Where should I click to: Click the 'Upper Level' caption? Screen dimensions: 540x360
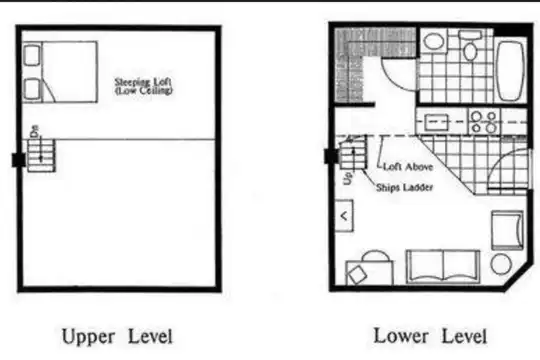(x=117, y=337)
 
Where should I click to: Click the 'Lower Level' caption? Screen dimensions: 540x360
(x=430, y=336)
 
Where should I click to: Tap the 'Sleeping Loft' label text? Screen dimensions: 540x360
(x=143, y=82)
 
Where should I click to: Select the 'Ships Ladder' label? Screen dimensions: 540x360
(x=404, y=188)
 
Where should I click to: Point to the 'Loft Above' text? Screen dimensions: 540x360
(x=408, y=167)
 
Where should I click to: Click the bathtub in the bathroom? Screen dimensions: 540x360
(x=510, y=71)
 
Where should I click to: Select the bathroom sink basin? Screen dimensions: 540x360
(x=433, y=42)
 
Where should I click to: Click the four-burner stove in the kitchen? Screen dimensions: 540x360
(x=484, y=122)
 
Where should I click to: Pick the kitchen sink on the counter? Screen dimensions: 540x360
(x=437, y=122)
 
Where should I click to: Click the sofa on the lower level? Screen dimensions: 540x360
(x=443, y=267)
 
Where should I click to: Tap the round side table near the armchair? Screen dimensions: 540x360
(x=501, y=264)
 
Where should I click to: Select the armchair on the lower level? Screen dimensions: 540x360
(x=507, y=230)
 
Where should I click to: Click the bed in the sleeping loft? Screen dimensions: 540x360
(x=60, y=72)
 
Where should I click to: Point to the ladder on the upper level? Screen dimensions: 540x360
(x=41, y=155)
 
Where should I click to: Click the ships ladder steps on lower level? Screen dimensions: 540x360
(x=353, y=152)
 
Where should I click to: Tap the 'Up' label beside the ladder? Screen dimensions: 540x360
(x=348, y=178)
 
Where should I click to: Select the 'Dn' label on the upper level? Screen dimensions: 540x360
(x=35, y=131)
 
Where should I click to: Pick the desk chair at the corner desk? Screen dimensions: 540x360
(x=357, y=275)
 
